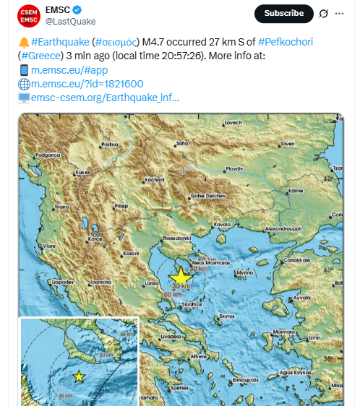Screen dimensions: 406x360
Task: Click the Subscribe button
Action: click(x=283, y=13)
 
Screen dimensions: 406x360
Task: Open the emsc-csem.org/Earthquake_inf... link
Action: click(x=105, y=98)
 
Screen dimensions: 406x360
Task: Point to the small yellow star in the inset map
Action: click(x=79, y=376)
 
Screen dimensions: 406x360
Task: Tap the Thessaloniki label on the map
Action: click(x=176, y=237)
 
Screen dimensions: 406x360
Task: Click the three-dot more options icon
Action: click(x=340, y=13)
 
